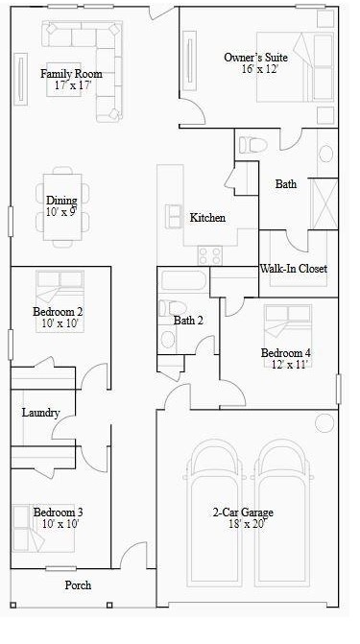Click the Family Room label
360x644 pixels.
point(71,74)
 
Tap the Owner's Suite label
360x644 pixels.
point(255,58)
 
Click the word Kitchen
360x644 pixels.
point(207,218)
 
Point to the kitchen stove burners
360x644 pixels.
point(208,256)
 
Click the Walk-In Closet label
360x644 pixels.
point(294,269)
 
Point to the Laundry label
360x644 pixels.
point(41,413)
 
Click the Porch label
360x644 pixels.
point(78,584)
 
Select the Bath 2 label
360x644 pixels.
point(188,320)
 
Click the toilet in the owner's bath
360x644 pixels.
point(254,145)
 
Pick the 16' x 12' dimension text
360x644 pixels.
point(255,70)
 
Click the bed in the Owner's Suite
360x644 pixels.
point(307,68)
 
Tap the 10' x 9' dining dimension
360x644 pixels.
point(60,211)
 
